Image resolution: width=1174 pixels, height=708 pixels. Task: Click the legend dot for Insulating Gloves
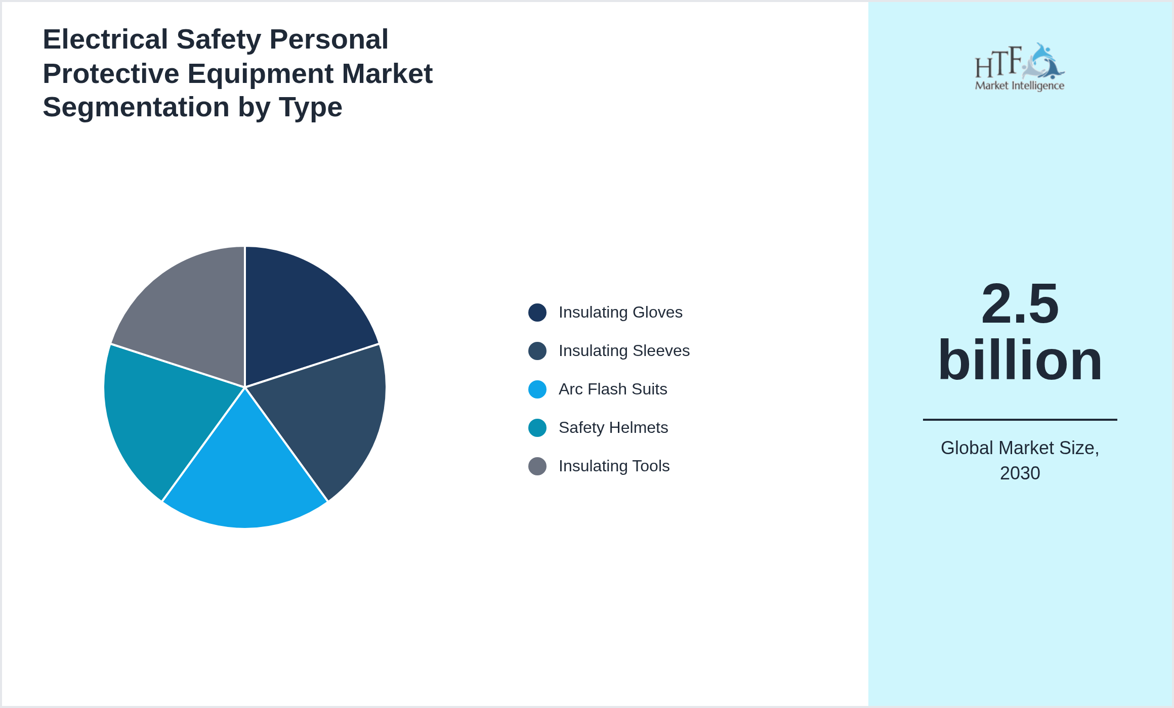click(537, 313)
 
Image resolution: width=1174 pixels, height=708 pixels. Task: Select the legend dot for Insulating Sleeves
click(537, 351)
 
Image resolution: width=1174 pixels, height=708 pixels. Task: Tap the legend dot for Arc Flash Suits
click(537, 389)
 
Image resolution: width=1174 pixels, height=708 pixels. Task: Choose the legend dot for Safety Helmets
click(537, 428)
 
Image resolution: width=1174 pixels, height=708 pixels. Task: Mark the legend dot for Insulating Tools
click(537, 466)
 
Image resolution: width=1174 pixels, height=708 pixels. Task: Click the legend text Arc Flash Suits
click(612, 389)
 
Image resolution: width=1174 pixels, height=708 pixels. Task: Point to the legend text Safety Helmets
click(613, 428)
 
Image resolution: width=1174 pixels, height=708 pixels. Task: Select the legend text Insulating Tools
click(614, 466)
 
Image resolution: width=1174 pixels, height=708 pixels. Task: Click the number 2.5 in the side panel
click(1020, 304)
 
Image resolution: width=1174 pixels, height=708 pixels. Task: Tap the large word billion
click(1020, 360)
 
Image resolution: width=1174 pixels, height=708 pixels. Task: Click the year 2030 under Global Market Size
click(1020, 473)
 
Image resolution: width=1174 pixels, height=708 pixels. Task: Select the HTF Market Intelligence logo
click(1019, 67)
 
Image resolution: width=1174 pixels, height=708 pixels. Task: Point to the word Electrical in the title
click(105, 39)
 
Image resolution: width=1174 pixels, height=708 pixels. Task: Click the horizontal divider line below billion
click(1020, 420)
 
